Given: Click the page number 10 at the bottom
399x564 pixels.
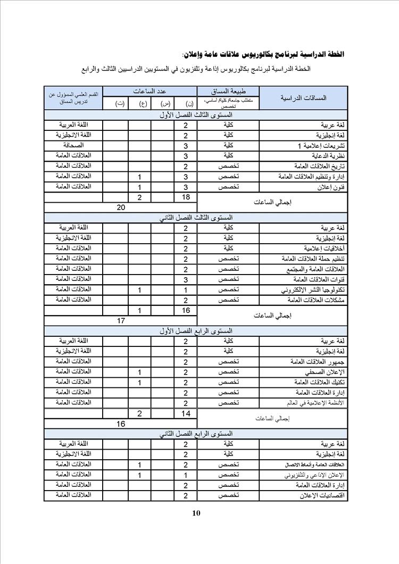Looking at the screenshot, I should click(196, 513).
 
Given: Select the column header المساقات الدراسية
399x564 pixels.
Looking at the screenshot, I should click(303, 97).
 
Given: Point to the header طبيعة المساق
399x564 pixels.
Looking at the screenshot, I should click(228, 90).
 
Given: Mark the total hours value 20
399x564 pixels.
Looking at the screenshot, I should click(121, 208).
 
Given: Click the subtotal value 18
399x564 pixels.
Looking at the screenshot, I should click(186, 197).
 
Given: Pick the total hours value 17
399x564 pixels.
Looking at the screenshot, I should click(121, 321).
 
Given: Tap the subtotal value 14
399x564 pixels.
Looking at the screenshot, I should click(186, 413).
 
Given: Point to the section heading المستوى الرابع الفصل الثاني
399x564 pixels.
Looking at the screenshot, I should click(196, 434).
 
